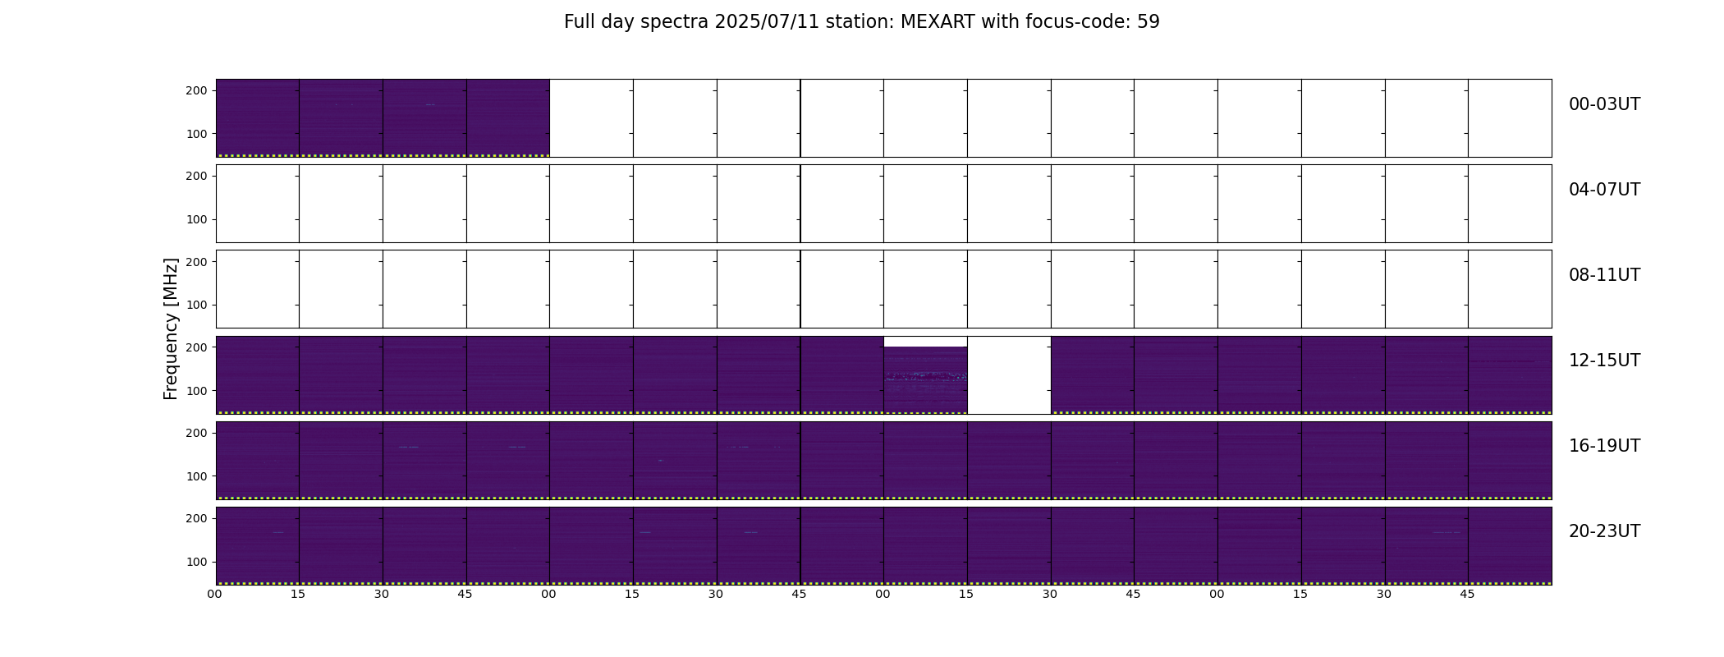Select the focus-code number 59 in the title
[x=1149, y=22]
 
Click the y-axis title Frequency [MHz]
[x=171, y=328]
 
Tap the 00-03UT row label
[x=1604, y=104]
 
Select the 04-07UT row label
[x=1604, y=190]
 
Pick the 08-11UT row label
[x=1604, y=275]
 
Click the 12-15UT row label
[x=1604, y=361]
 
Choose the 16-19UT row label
[x=1604, y=446]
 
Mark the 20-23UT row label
[x=1604, y=531]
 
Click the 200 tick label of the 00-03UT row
[x=196, y=90]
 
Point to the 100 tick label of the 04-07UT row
[x=196, y=219]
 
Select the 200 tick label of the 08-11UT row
[x=196, y=261]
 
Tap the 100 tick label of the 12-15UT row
[x=196, y=391]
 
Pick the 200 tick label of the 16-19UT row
[x=196, y=433]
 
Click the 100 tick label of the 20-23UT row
[x=196, y=562]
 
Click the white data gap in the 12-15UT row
[x=1009, y=375]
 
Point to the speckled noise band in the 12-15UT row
[x=925, y=376]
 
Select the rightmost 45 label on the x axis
[x=1467, y=594]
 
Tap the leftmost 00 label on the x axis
[x=215, y=594]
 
